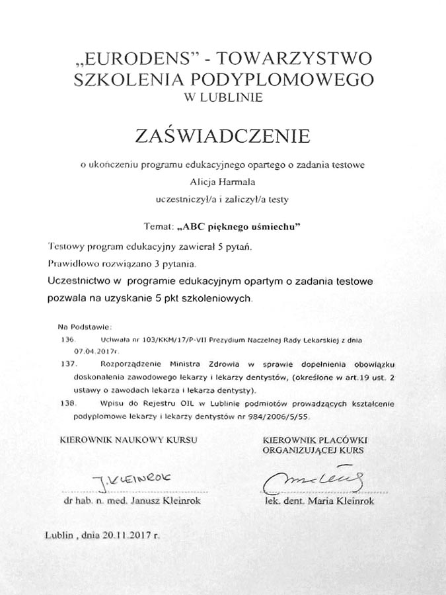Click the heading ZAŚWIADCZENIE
(x=223, y=136)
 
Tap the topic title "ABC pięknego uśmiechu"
(x=240, y=226)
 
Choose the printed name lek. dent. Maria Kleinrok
(x=318, y=501)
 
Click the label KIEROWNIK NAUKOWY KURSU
(x=128, y=440)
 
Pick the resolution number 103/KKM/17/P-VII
(x=168, y=338)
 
